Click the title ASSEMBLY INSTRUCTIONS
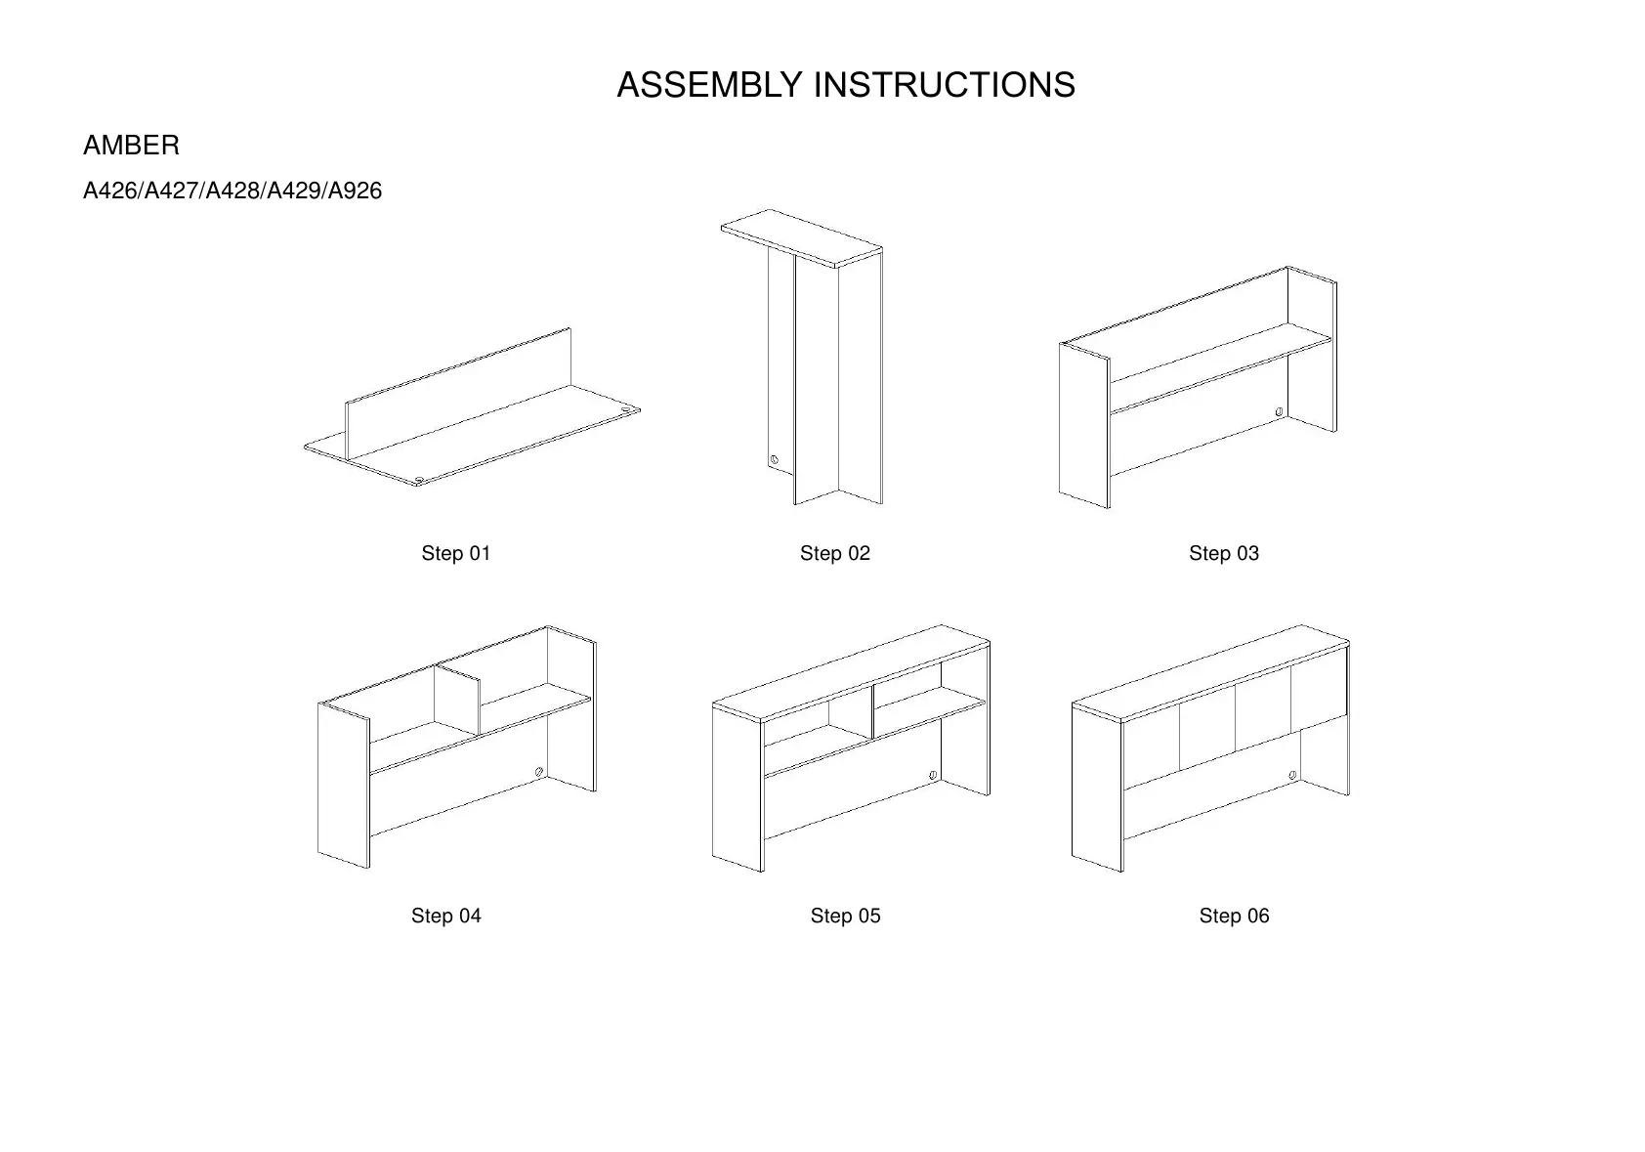pyautogui.click(x=845, y=86)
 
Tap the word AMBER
pyautogui.click(x=131, y=147)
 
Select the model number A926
pyautogui.click(x=356, y=192)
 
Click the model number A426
pyautogui.click(x=110, y=192)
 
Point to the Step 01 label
pyautogui.click(x=455, y=554)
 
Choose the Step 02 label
pyautogui.click(x=834, y=554)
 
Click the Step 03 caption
pyautogui.click(x=1223, y=554)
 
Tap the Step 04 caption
pyautogui.click(x=445, y=917)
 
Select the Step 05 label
pyautogui.click(x=845, y=917)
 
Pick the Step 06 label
pyautogui.click(x=1234, y=917)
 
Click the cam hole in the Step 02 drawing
pyautogui.click(x=775, y=459)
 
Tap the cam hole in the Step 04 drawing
pyautogui.click(x=539, y=773)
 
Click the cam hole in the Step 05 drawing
pyautogui.click(x=933, y=775)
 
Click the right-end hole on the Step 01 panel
pyautogui.click(x=626, y=408)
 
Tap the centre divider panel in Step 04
pyautogui.click(x=457, y=702)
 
